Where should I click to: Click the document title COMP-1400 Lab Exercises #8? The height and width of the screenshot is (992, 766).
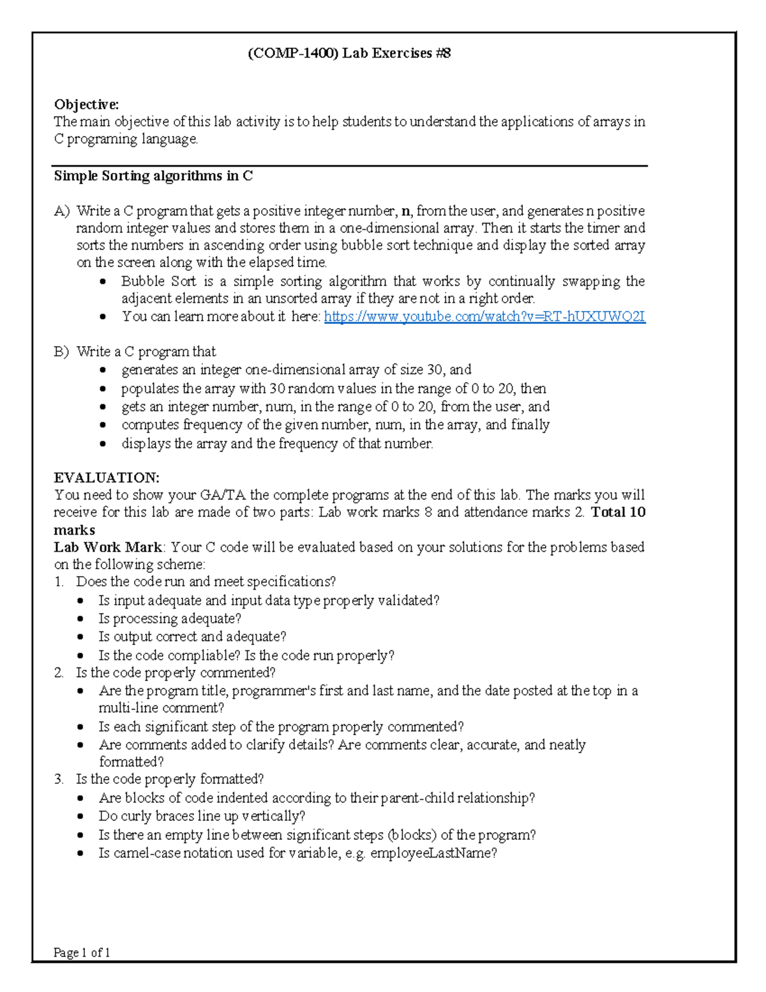(349, 53)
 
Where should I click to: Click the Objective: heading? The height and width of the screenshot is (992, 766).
(86, 105)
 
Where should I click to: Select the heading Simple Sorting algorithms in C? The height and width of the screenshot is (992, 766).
(153, 176)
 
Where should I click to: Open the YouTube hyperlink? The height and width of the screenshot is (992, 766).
(484, 316)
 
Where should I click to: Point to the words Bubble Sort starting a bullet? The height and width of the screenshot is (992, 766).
(158, 282)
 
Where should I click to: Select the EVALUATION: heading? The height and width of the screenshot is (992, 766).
(107, 478)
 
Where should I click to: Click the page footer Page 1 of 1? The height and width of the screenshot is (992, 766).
(82, 952)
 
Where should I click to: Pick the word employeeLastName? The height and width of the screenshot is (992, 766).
(433, 853)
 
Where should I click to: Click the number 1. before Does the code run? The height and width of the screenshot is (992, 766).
(59, 582)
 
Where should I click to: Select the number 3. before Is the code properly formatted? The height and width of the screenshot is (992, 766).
(59, 779)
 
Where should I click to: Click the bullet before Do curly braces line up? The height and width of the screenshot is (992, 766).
(80, 817)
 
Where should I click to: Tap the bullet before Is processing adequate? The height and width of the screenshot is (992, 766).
(80, 619)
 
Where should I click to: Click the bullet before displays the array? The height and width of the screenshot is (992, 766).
(103, 444)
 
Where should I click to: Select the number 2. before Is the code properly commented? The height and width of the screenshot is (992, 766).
(59, 673)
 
